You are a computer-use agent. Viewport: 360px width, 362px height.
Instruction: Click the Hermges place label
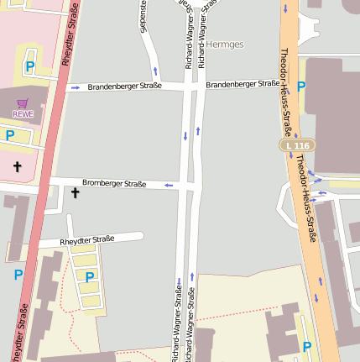pos(223,44)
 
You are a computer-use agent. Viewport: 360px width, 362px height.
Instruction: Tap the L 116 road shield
pos(297,146)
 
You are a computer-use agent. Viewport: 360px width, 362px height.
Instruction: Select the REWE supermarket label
pos(23,113)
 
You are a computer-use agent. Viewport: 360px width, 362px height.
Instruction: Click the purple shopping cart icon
pos(23,103)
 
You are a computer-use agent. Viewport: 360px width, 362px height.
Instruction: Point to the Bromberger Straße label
pos(114,184)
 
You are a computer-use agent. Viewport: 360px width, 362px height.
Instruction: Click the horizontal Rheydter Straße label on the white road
pos(87,241)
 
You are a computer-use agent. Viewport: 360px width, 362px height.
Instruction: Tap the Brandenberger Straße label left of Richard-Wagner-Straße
pos(124,87)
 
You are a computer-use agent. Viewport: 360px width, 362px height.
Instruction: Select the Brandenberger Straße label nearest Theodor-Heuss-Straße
pos(243,84)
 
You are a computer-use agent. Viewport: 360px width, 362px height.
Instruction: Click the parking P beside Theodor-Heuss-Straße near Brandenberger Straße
pos(301,86)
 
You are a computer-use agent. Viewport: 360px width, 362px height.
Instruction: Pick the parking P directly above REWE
pos(30,66)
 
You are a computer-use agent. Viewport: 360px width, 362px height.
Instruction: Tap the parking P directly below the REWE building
pos(10,135)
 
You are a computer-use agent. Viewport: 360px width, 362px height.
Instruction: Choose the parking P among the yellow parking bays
pos(90,276)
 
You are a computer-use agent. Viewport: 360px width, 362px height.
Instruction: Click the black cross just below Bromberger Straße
pos(75,193)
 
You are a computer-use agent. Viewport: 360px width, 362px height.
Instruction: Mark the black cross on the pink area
pos(17,166)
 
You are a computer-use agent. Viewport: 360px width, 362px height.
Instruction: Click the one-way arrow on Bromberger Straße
pos(168,185)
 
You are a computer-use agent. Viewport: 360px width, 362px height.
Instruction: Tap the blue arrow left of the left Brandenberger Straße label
pos(76,87)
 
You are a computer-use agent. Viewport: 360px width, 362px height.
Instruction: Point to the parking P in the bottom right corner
pos(307,346)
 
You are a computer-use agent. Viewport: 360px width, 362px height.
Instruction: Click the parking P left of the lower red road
pos(18,275)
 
